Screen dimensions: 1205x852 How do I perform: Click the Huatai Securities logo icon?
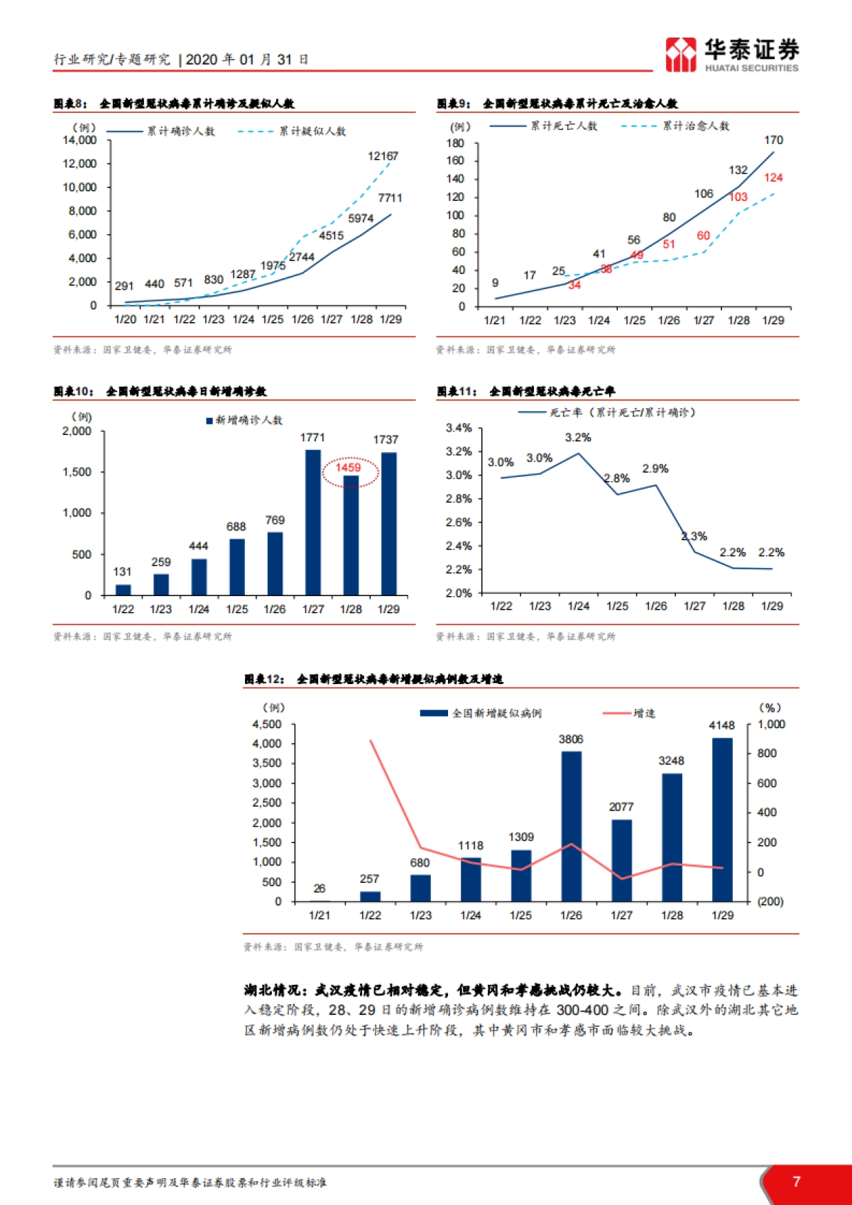(x=680, y=55)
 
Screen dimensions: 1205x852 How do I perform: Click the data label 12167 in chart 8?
(x=383, y=156)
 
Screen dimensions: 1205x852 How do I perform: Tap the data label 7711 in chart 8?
(x=390, y=198)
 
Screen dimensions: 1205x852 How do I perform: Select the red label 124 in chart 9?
(x=773, y=177)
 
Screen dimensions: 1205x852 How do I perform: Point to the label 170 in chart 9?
(x=773, y=140)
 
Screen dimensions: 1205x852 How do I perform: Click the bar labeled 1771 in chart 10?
(x=312, y=522)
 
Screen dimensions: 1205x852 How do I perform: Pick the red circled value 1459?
(x=349, y=468)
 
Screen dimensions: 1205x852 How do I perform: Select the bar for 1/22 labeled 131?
(x=123, y=590)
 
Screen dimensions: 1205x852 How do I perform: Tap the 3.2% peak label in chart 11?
(x=578, y=438)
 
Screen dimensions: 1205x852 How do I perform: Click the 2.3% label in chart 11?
(x=694, y=537)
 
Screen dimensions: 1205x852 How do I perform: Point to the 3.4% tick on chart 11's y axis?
(x=459, y=428)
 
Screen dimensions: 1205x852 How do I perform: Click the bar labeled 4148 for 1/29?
(x=722, y=819)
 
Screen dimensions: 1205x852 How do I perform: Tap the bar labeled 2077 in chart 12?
(x=621, y=860)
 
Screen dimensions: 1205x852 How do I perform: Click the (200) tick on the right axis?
(x=770, y=901)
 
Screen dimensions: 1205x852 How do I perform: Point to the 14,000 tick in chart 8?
(x=80, y=141)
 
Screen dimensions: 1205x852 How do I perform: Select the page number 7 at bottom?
(x=796, y=1182)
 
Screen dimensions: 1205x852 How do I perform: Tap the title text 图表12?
(x=264, y=679)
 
